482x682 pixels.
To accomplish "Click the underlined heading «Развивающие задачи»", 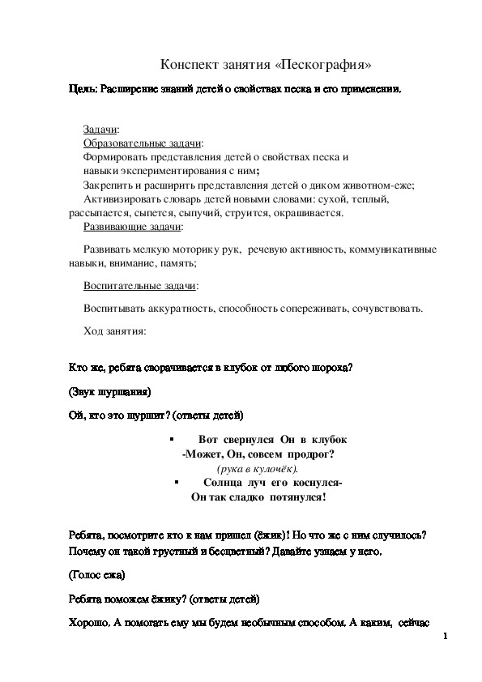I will click(132, 227).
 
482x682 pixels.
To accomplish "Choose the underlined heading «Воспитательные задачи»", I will click(140, 286).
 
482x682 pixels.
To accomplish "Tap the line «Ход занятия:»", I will click(114, 330).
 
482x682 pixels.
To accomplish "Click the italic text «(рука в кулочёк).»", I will click(258, 468).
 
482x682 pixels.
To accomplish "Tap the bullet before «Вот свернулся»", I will click(172, 438).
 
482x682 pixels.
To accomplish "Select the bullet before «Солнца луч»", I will click(177, 482).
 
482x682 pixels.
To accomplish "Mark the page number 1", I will click(446, 639).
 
